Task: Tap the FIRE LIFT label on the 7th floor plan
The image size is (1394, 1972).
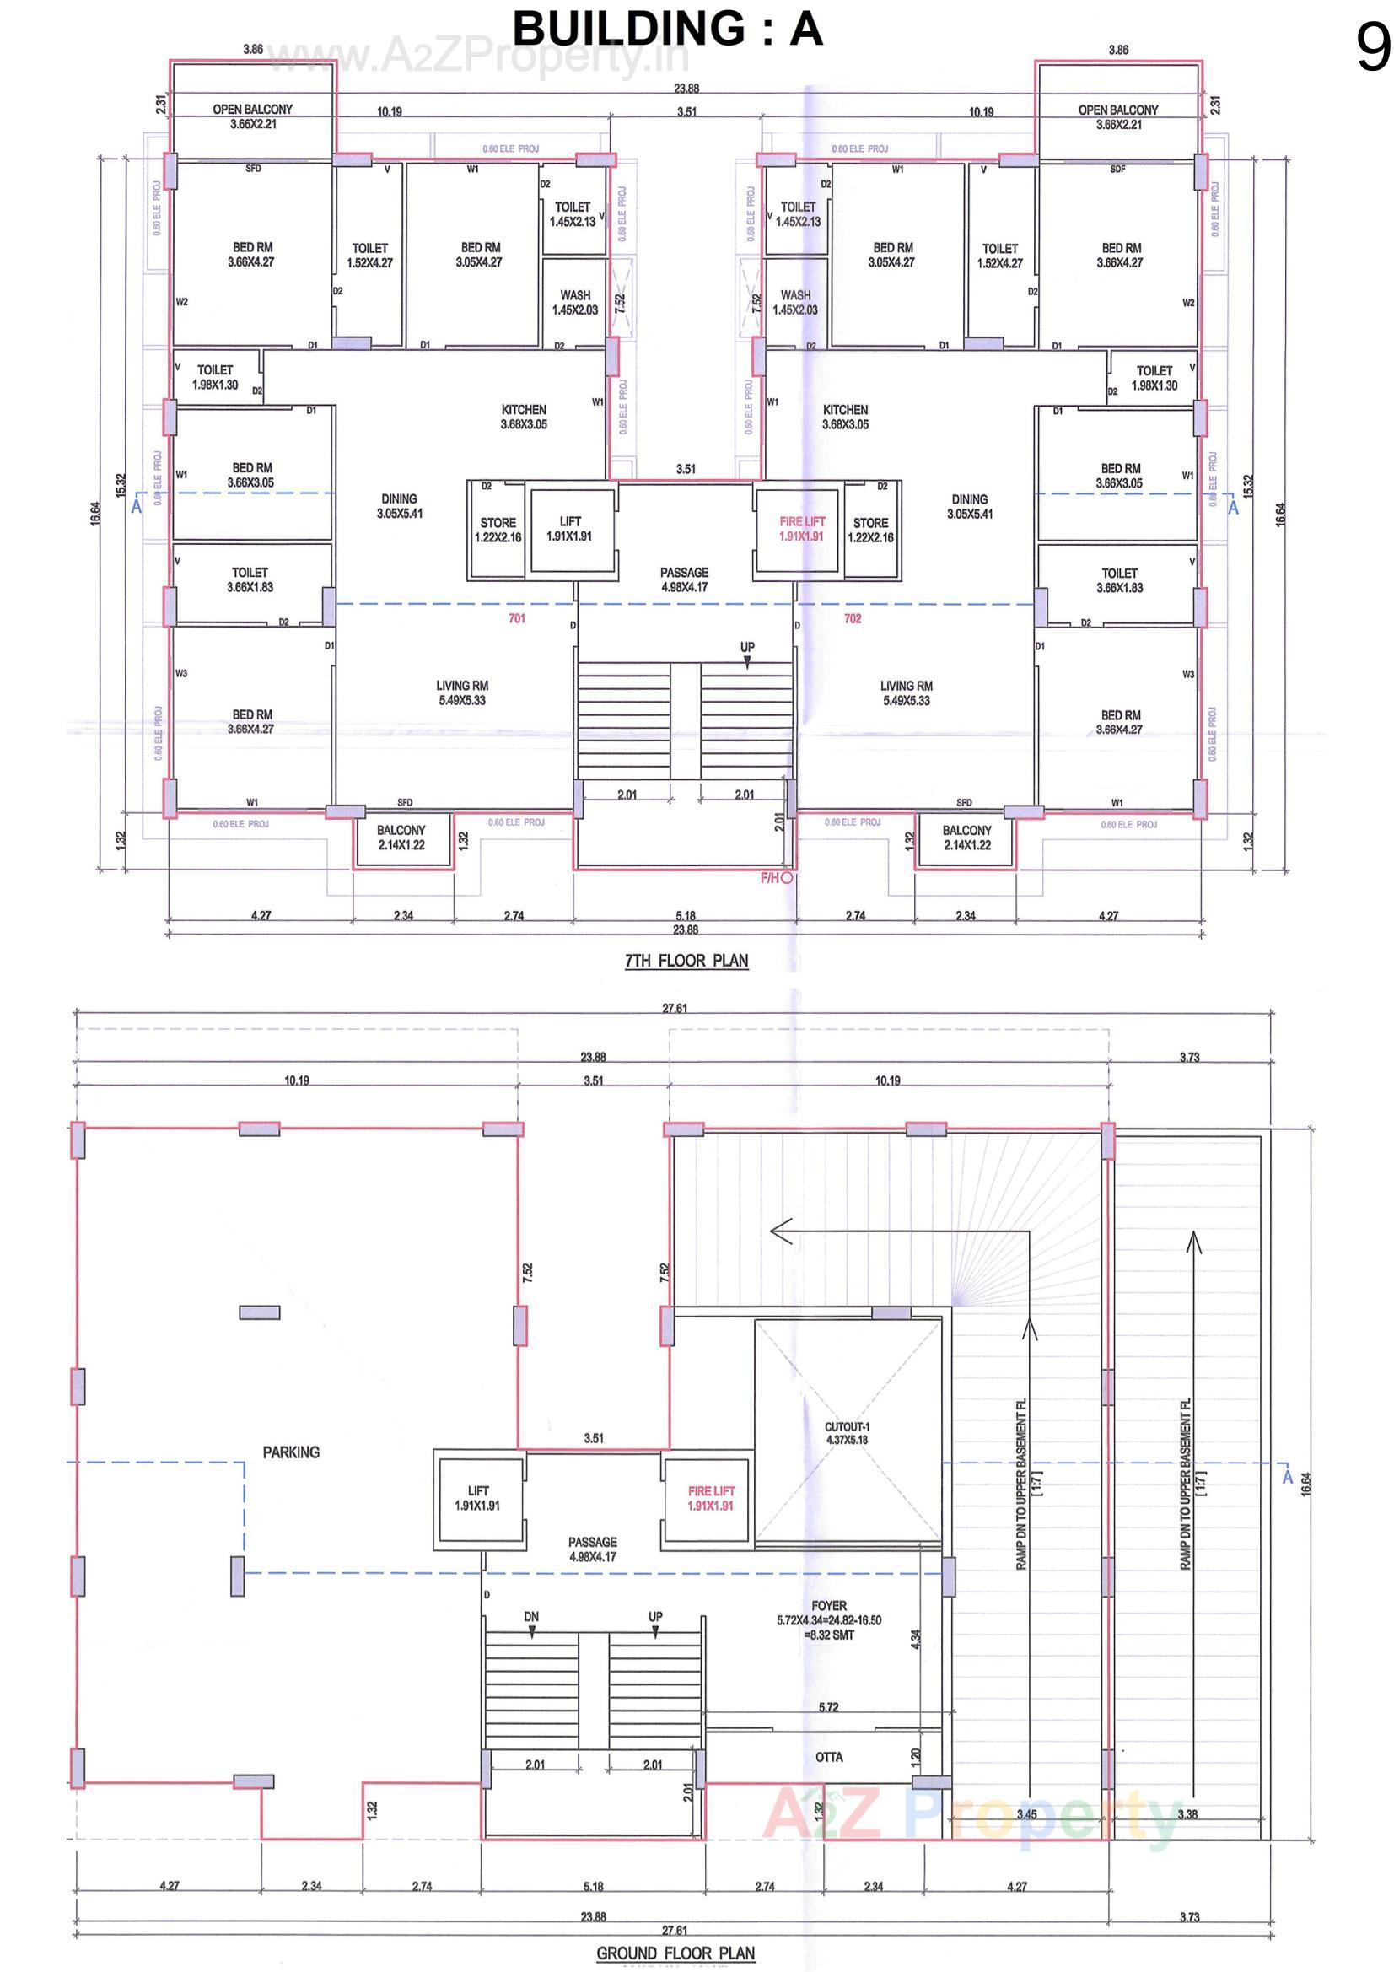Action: pyautogui.click(x=801, y=528)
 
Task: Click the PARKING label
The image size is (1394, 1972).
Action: pyautogui.click(x=291, y=1452)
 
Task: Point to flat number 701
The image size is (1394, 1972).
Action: pyautogui.click(x=516, y=618)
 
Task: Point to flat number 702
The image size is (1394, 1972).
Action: pyautogui.click(x=852, y=618)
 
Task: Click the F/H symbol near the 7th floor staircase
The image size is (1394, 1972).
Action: pyautogui.click(x=777, y=878)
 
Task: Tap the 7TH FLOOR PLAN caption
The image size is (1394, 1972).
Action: pyautogui.click(x=686, y=960)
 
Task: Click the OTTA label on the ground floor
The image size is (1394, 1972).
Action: pyautogui.click(x=829, y=1756)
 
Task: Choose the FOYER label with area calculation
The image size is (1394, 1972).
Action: pyautogui.click(x=829, y=1619)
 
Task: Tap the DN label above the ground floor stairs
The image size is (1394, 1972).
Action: pyautogui.click(x=530, y=1616)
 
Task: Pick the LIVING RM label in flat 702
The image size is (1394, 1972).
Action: pyautogui.click(x=907, y=692)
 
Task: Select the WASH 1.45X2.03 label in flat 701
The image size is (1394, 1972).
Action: pyautogui.click(x=574, y=302)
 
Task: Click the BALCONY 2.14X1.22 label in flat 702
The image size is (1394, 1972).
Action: pyautogui.click(x=966, y=838)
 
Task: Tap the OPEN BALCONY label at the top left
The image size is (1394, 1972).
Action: pyautogui.click(x=252, y=116)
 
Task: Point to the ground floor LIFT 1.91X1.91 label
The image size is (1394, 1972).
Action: pyautogui.click(x=477, y=1498)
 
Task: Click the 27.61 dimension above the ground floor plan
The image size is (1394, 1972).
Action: pyautogui.click(x=675, y=1008)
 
